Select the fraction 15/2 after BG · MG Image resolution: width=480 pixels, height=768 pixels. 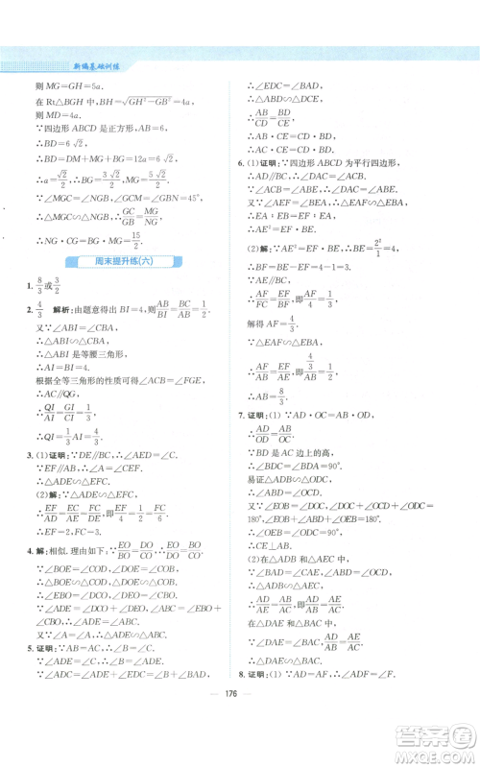click(x=138, y=237)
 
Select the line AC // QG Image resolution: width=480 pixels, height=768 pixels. click(x=61, y=394)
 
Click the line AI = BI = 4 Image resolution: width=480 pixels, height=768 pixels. click(x=66, y=365)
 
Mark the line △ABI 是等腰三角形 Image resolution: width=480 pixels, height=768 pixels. click(x=78, y=351)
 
